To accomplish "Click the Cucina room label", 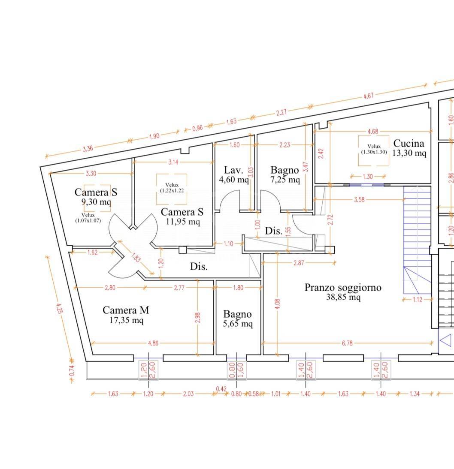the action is click(409, 143).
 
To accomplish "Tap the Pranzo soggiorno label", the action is click(343, 287).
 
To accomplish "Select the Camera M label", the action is click(126, 310).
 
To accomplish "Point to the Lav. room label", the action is click(233, 170).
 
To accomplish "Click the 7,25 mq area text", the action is click(285, 180).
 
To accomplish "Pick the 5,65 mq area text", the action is click(238, 324).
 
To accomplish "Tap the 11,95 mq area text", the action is click(182, 222).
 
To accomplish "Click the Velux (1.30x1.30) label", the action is click(374, 149).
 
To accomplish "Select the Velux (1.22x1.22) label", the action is click(172, 188).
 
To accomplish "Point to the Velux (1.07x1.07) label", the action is click(88, 218).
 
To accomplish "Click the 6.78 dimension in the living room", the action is click(347, 343).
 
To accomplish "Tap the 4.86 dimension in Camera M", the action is click(153, 343).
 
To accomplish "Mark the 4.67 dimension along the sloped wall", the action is click(368, 96).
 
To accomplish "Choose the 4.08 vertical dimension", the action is click(277, 304).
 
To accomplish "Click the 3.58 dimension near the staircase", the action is click(359, 199).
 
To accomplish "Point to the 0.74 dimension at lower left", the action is click(72, 371).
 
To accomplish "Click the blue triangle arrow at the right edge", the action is click(446, 340).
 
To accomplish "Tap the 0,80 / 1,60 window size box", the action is click(236, 370).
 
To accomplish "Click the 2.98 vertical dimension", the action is click(197, 318).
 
